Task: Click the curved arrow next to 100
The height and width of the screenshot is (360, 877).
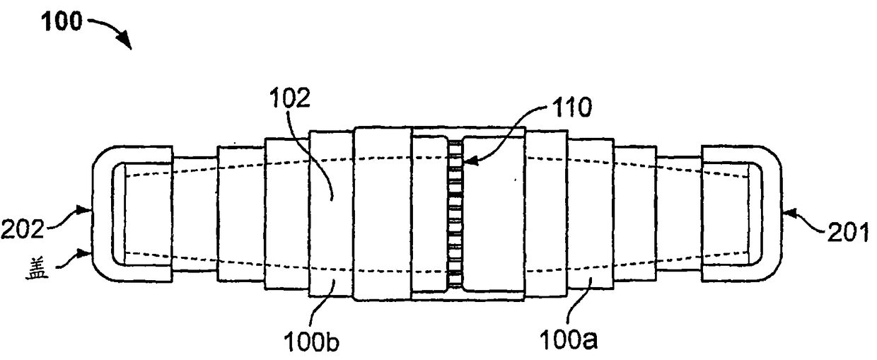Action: [110, 32]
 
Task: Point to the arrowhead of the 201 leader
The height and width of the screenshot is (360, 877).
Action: [786, 210]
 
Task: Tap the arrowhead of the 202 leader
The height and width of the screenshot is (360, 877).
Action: [90, 208]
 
